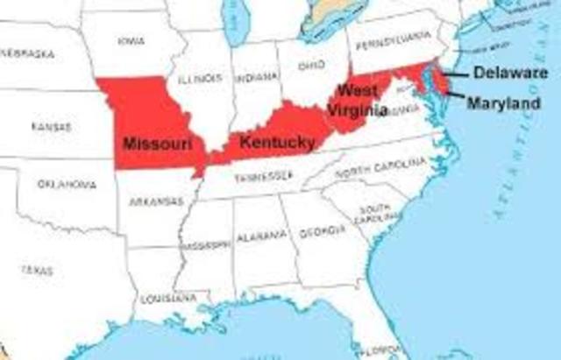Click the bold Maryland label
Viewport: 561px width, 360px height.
pos(502,103)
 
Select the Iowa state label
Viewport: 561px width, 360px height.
pos(131,39)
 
